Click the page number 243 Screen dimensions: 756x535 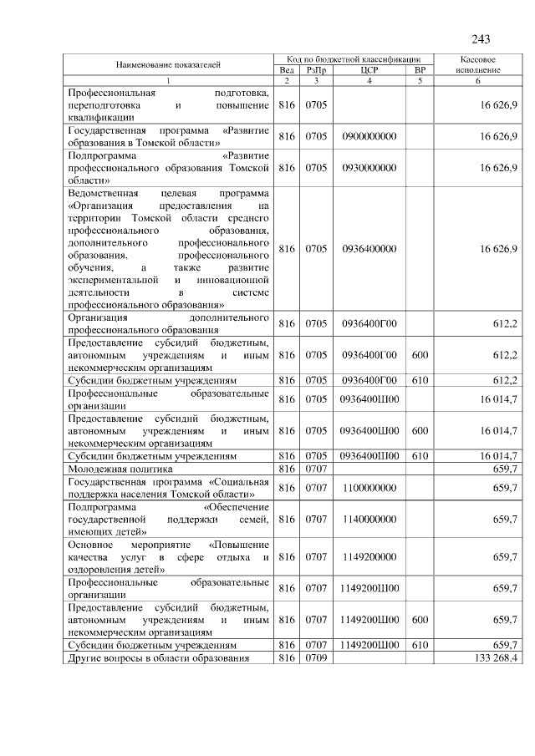[x=481, y=39]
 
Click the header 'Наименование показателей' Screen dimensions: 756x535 [x=168, y=64]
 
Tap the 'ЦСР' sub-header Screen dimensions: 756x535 [x=369, y=70]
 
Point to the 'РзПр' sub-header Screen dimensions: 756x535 [x=316, y=70]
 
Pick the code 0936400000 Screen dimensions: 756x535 [x=369, y=249]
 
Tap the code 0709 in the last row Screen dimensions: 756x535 [x=316, y=658]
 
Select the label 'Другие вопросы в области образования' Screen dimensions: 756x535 [x=159, y=658]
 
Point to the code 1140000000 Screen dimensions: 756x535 [x=369, y=519]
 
